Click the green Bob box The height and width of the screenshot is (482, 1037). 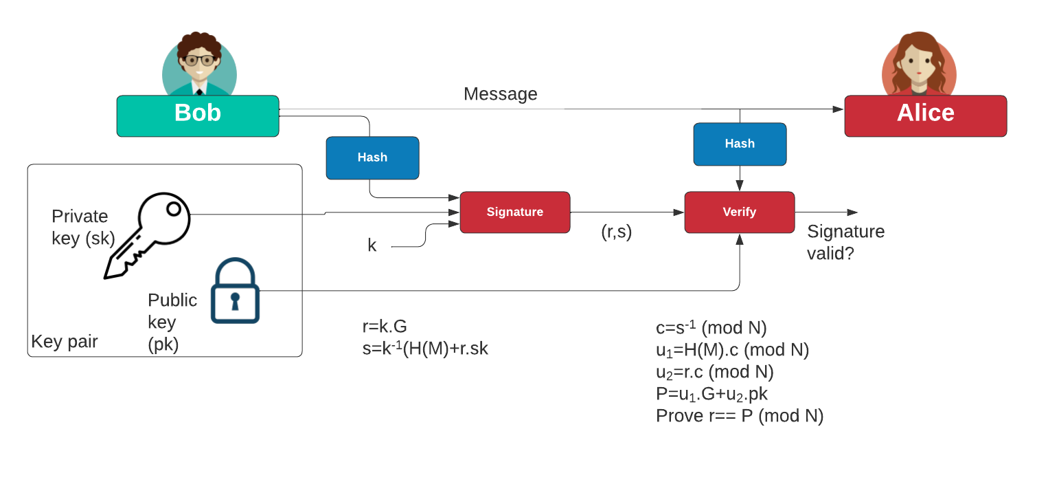(x=198, y=115)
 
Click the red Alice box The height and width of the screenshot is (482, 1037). (x=925, y=116)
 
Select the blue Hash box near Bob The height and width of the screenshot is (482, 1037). (x=372, y=157)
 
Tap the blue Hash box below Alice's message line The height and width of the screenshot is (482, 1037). (x=740, y=144)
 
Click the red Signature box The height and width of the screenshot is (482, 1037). (x=514, y=212)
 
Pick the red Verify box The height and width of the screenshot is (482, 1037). (x=739, y=212)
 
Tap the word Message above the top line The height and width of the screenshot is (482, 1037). (x=500, y=94)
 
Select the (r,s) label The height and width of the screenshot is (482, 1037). (x=615, y=232)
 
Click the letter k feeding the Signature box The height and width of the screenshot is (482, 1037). (x=372, y=245)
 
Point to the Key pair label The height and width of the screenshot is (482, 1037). (x=65, y=342)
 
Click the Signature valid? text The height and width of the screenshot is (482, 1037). (x=845, y=242)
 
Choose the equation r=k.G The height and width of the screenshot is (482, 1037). (x=385, y=326)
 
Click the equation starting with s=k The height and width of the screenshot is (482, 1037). (x=425, y=349)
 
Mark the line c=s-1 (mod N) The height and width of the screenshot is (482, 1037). (x=711, y=327)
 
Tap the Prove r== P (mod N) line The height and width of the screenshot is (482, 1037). (x=739, y=416)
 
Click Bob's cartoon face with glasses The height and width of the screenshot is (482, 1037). (x=199, y=60)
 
